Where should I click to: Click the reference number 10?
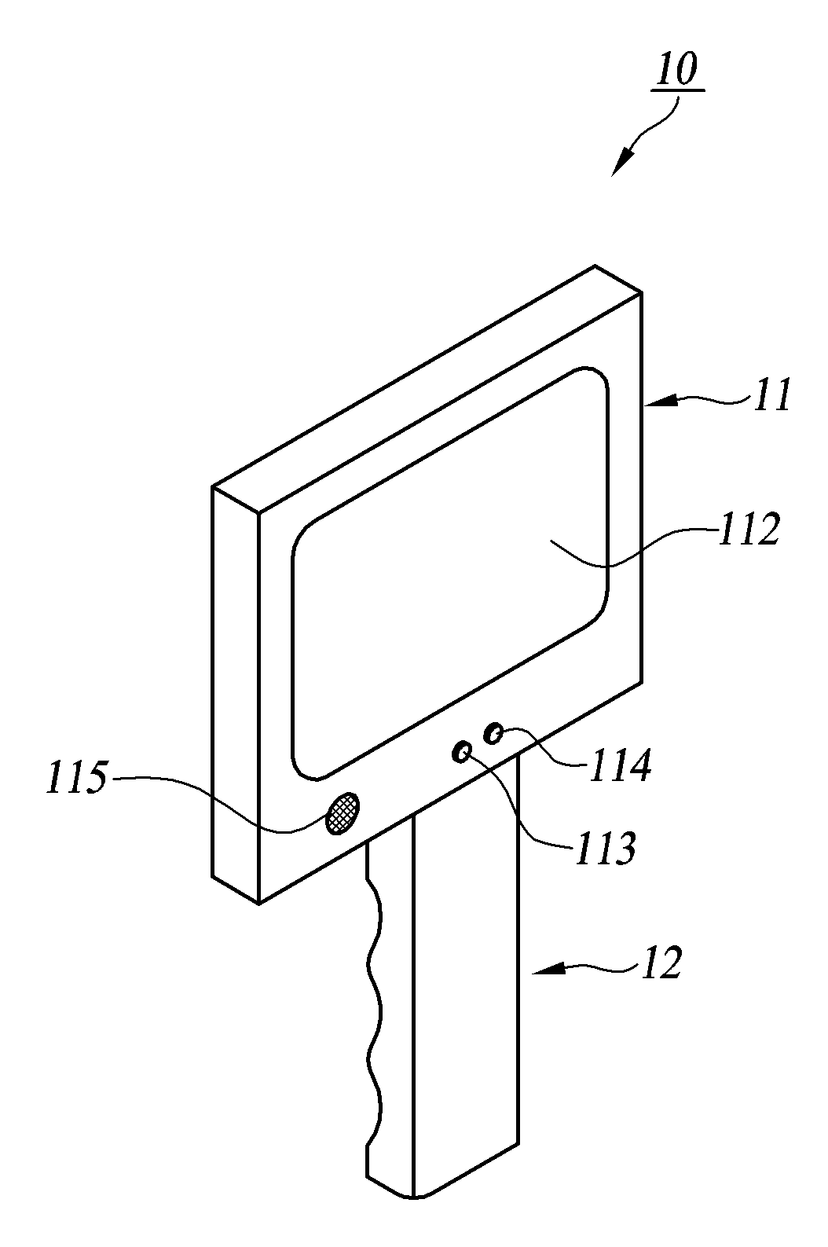tap(677, 72)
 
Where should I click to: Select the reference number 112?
tap(746, 531)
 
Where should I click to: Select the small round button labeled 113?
tap(461, 752)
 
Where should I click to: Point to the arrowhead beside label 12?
tap(545, 974)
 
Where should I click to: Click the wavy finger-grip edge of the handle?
tap(376, 1021)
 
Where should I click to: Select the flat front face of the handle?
tap(464, 1021)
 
